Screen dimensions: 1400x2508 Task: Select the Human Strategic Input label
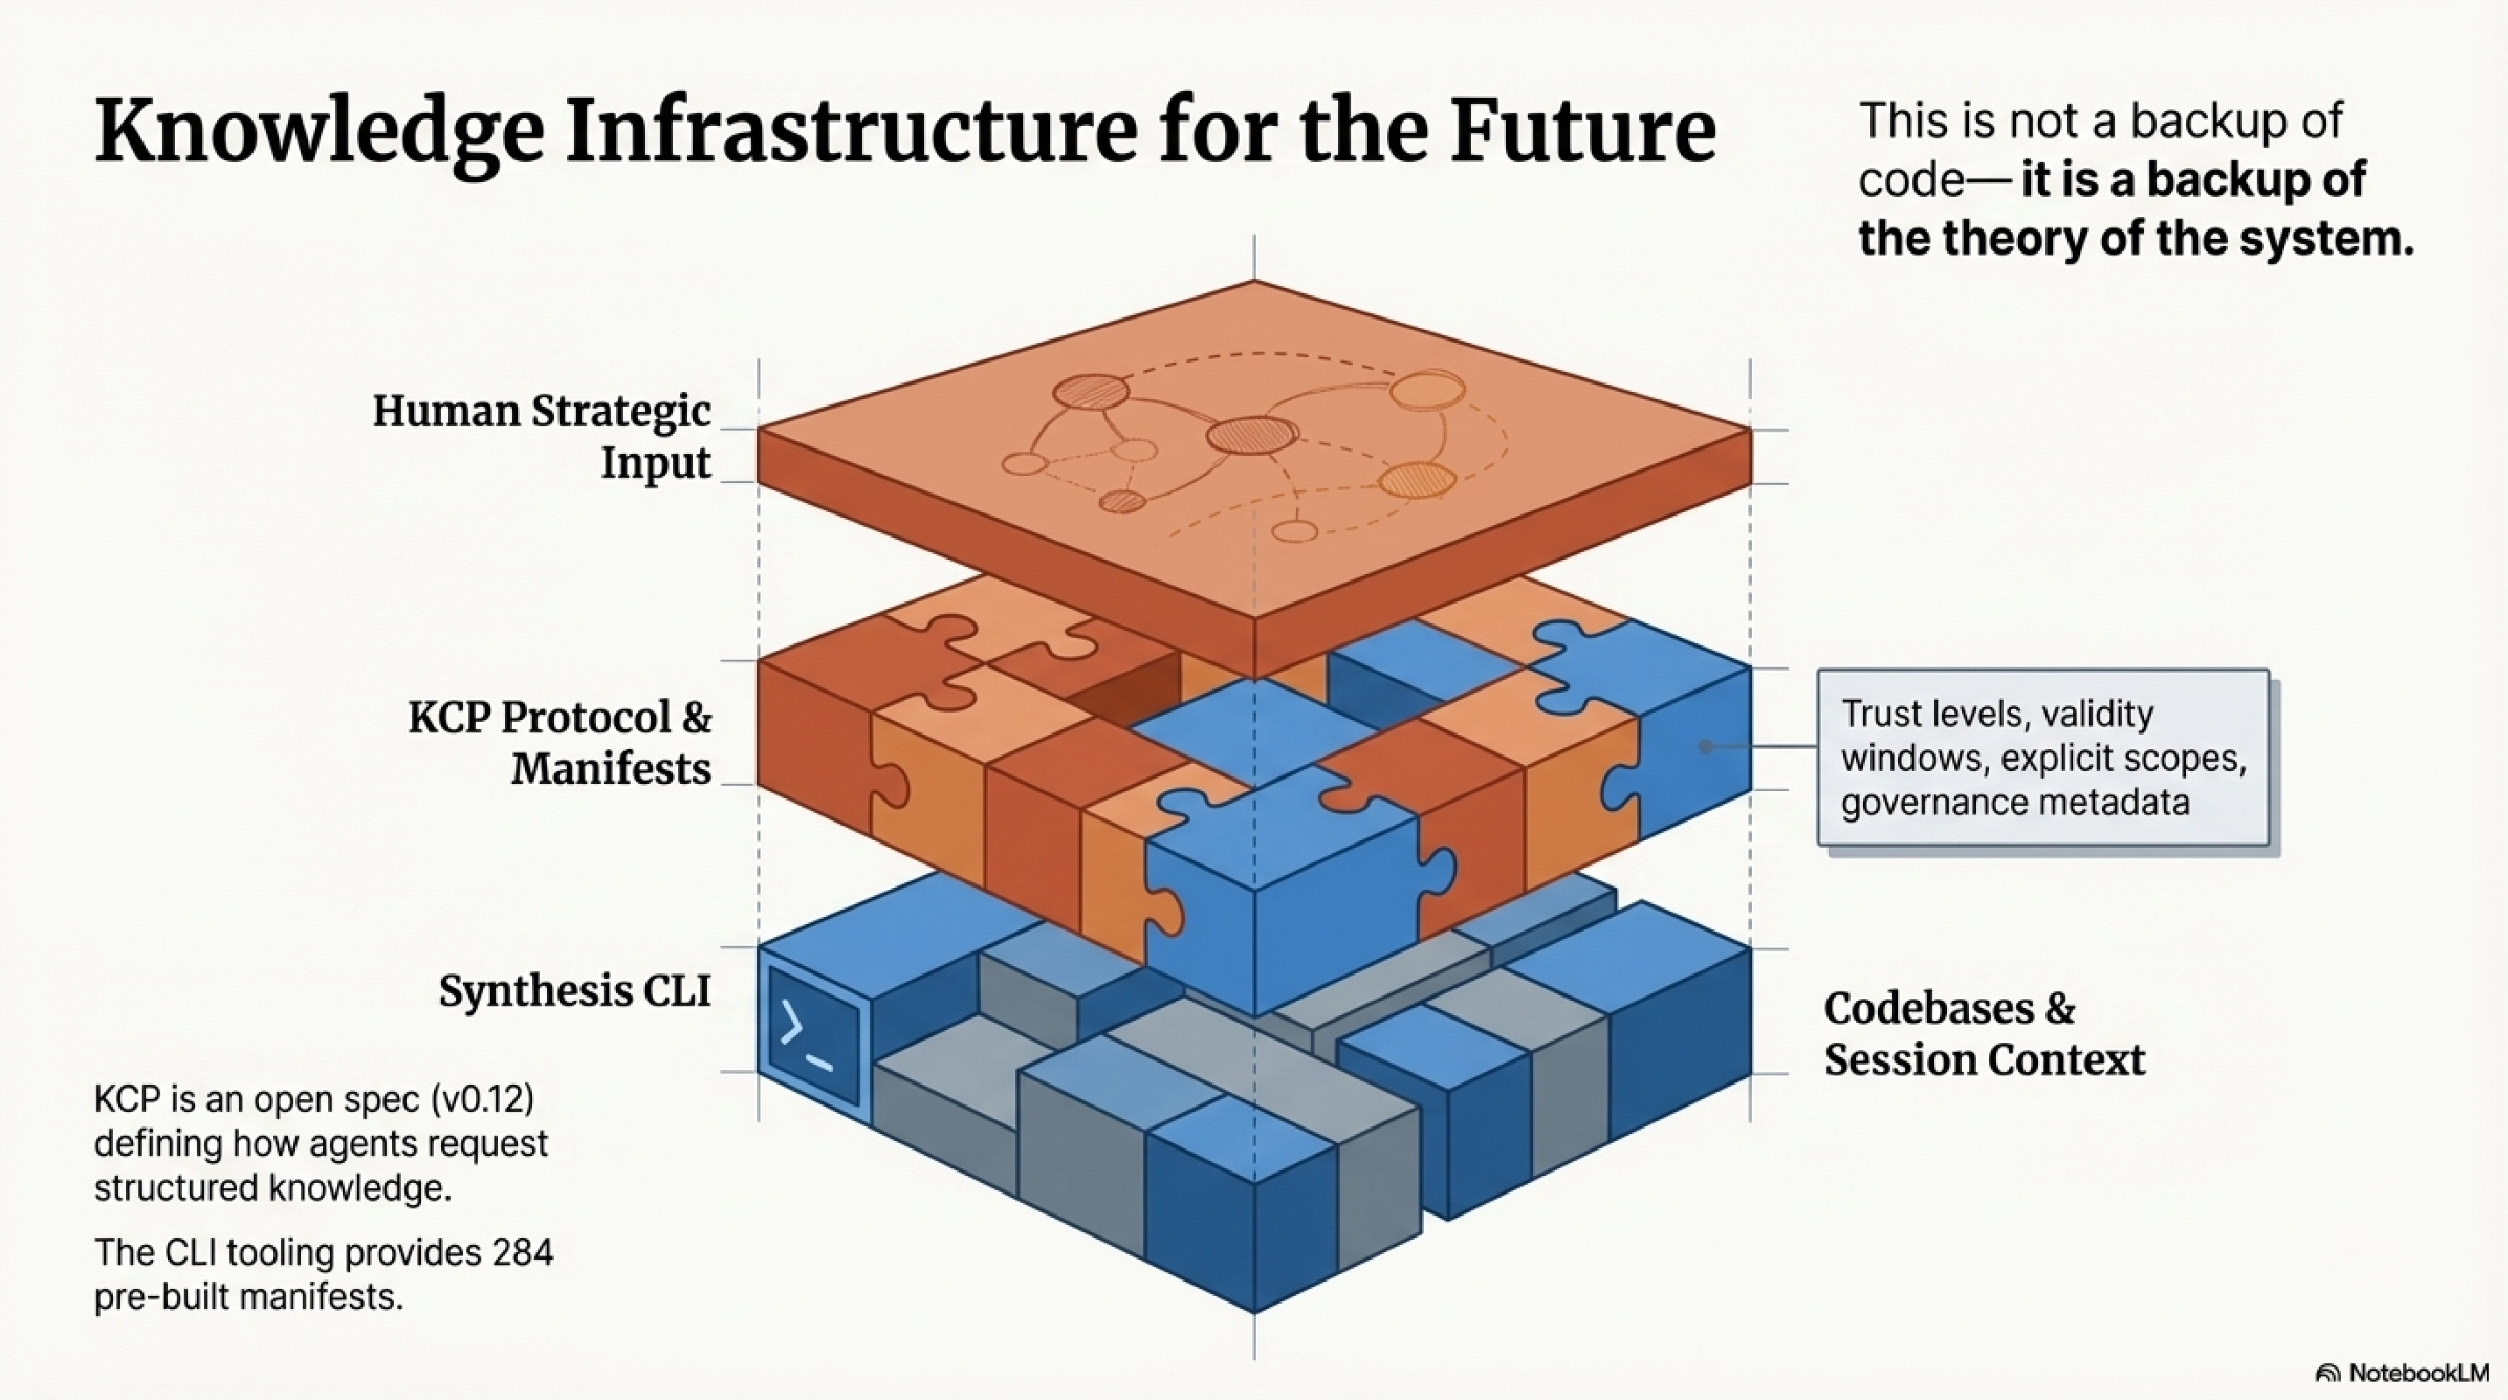pos(542,436)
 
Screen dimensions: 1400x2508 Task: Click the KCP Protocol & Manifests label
pos(560,743)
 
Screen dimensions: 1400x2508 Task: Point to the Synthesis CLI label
pos(574,991)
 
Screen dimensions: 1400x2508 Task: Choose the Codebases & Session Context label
pos(1983,1034)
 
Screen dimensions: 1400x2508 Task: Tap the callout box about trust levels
pos(2042,758)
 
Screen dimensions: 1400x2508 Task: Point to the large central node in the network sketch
pos(1252,435)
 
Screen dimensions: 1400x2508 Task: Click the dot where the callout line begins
pos(1706,746)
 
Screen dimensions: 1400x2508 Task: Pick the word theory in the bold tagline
pos(2014,239)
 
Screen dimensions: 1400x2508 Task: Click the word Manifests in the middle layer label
pos(612,769)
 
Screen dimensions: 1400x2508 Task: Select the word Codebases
pos(1929,1009)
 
